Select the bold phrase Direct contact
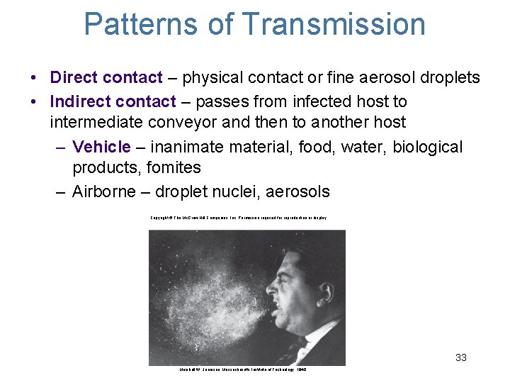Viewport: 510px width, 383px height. (106, 77)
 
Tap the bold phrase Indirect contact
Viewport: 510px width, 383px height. (113, 101)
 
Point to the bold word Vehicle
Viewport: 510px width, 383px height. (102, 147)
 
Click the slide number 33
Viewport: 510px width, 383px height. (460, 357)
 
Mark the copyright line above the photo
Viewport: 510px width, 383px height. (238, 218)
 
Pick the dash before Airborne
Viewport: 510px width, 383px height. (60, 192)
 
